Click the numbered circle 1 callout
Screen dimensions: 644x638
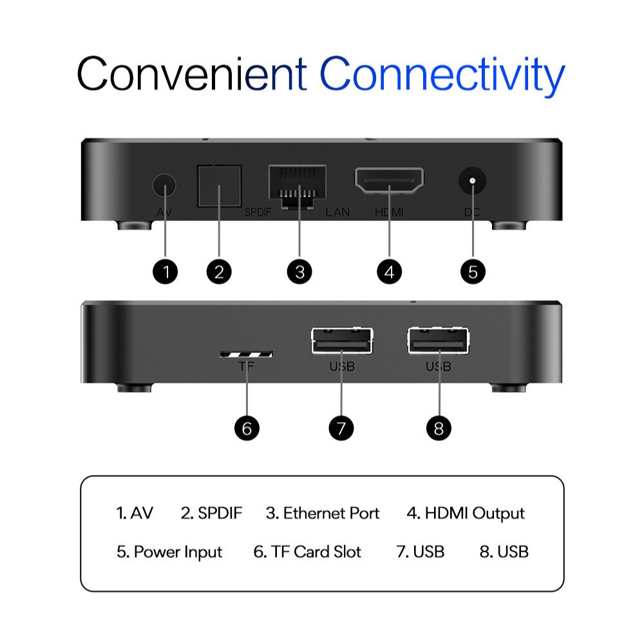tap(165, 272)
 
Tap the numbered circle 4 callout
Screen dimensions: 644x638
tap(390, 272)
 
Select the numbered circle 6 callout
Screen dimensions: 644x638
tap(247, 429)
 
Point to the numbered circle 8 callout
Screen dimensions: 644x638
tap(439, 429)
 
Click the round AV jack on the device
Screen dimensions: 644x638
tap(164, 185)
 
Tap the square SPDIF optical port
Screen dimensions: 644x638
tap(219, 186)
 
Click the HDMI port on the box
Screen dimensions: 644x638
tap(389, 180)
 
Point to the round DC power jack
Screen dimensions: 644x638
tap(472, 180)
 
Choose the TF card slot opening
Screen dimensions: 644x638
tap(247, 354)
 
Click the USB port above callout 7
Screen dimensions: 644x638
tap(342, 341)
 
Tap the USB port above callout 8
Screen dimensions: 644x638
tap(438, 341)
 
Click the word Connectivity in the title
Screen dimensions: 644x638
tap(442, 76)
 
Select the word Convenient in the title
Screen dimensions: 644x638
tap(192, 73)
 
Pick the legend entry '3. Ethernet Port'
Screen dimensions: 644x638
tap(323, 513)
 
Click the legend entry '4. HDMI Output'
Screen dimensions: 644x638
tap(466, 514)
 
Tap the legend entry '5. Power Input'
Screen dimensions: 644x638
tap(169, 552)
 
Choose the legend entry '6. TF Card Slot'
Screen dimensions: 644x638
tap(307, 552)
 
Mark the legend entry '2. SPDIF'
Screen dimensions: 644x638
tap(211, 513)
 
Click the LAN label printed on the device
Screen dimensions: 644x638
tap(337, 212)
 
